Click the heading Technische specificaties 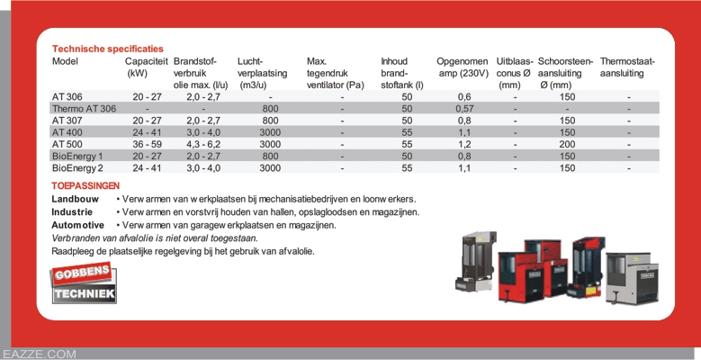108,49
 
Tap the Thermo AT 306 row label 85,108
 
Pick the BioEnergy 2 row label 77,167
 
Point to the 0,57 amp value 464,108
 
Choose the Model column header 66,61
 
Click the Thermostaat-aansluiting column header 627,67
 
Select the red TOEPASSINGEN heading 86,185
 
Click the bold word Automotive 78,225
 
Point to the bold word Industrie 73,212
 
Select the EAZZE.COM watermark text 40,354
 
